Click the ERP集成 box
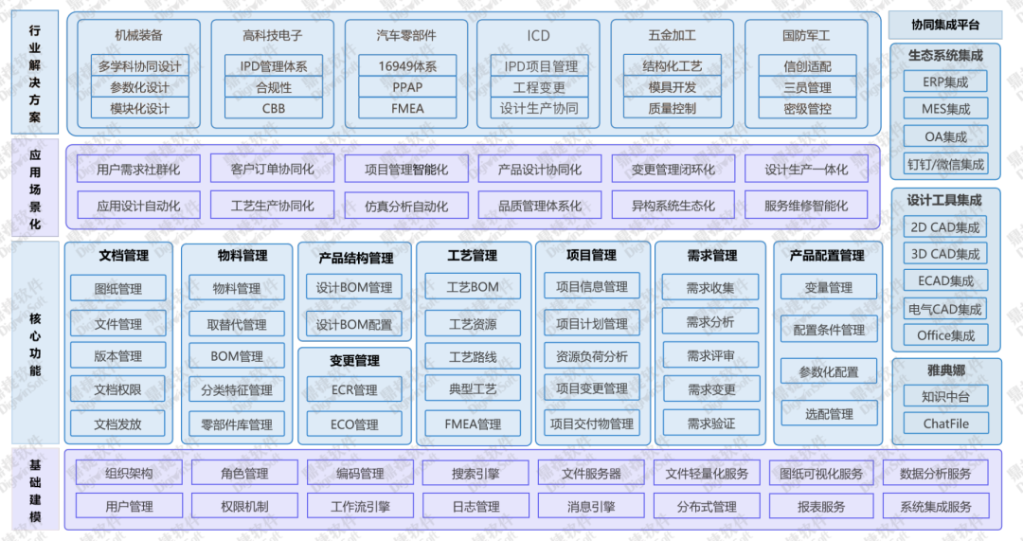click(945, 81)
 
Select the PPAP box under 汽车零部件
click(406, 87)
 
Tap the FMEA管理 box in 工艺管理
click(473, 424)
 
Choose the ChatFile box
click(945, 423)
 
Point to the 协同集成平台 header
click(945, 25)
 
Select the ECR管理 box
click(354, 389)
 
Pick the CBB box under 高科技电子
click(274, 108)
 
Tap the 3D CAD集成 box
click(945, 254)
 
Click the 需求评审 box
click(710, 356)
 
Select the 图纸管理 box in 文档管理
click(118, 288)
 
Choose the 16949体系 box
click(406, 66)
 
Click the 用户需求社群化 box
click(138, 171)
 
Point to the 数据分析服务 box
click(935, 474)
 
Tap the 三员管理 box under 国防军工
click(807, 87)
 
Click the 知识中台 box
click(945, 396)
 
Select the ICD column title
click(538, 36)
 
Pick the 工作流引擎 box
click(360, 507)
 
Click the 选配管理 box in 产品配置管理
click(828, 414)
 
